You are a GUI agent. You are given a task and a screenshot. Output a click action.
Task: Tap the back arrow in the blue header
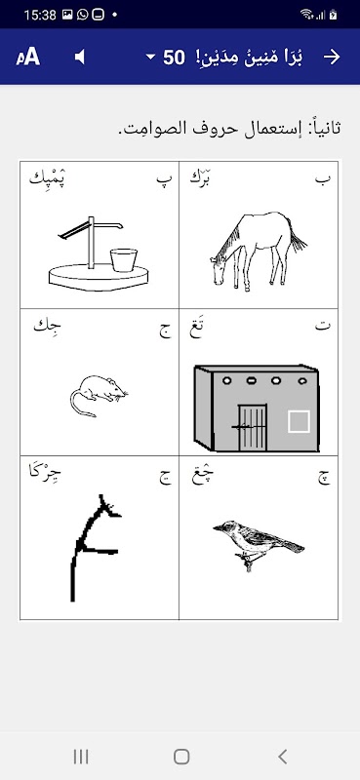coord(332,58)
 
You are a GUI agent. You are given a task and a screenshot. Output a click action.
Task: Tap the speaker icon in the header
coord(80,58)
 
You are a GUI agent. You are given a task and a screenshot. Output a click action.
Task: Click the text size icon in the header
coord(28,58)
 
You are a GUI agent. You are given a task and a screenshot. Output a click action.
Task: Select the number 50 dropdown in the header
coord(166,58)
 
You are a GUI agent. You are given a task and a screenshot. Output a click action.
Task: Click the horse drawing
coord(258,252)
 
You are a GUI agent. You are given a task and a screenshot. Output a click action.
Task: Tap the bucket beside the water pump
coord(124,259)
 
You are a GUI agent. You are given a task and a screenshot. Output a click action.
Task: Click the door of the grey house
coord(252,427)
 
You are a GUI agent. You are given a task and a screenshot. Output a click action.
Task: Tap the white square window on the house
coord(299,421)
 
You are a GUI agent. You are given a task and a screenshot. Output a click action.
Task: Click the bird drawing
coord(258,544)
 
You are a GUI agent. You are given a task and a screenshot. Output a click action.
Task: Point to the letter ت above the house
coord(323,328)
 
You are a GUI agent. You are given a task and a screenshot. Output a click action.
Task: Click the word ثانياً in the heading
coord(324,128)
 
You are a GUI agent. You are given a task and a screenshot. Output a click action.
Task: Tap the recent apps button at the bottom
coord(81,757)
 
